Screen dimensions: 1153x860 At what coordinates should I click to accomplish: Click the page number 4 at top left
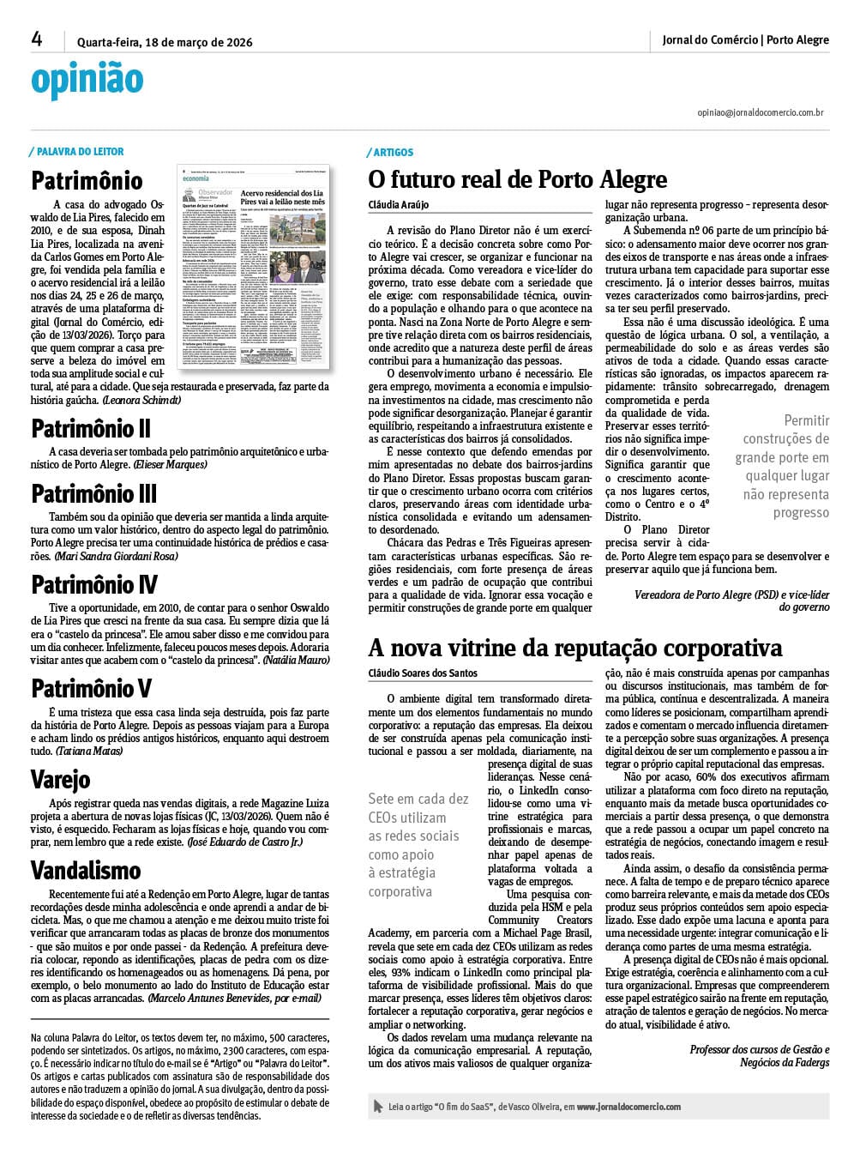[x=37, y=39]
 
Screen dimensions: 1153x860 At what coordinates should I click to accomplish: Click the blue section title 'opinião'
[x=87, y=80]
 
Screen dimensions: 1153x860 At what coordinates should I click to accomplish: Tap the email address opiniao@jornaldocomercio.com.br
[x=761, y=112]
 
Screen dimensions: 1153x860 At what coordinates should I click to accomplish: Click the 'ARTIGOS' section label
[x=393, y=153]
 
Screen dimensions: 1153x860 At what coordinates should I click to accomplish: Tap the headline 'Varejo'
[x=60, y=779]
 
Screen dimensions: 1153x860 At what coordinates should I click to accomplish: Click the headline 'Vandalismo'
[x=86, y=870]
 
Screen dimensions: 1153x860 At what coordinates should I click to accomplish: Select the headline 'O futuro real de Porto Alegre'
[x=517, y=179]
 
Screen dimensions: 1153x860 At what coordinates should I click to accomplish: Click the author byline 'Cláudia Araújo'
[x=398, y=206]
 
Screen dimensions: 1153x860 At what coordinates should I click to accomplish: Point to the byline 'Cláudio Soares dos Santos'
[x=423, y=673]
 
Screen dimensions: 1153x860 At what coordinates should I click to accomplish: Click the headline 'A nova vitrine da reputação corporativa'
[x=575, y=647]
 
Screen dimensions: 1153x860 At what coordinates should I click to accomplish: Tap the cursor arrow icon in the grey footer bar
[x=378, y=1107]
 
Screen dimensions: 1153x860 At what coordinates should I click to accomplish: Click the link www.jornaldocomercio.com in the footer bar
[x=628, y=1107]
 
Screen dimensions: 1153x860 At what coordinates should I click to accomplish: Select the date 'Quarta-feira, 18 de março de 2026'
[x=165, y=42]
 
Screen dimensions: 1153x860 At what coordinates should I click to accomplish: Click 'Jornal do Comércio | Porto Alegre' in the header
[x=745, y=39]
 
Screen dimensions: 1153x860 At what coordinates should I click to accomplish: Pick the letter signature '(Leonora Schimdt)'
[x=141, y=401]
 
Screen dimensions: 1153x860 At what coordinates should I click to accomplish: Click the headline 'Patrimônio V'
[x=92, y=688]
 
